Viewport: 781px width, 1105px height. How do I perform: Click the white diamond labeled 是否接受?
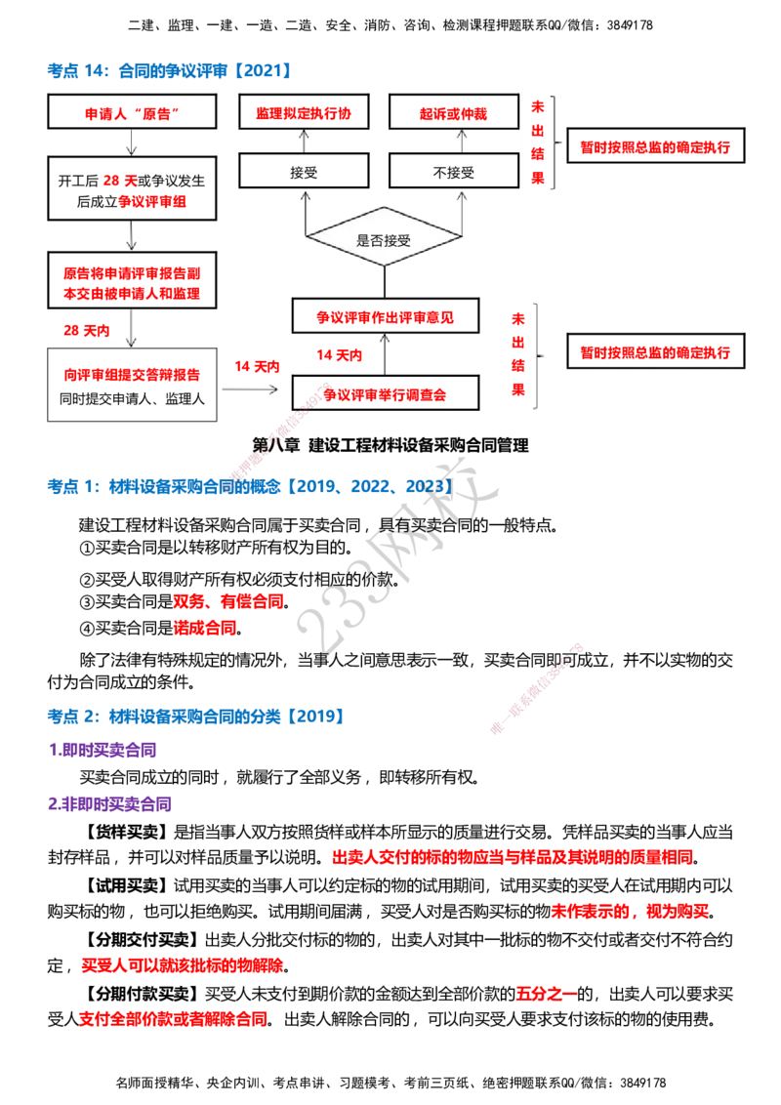384,236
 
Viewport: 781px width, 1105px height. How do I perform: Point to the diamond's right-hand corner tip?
460,236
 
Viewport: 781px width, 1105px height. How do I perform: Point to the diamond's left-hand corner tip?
308,236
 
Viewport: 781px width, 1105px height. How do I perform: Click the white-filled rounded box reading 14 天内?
339,353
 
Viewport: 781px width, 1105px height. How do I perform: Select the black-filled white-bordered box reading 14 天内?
256,367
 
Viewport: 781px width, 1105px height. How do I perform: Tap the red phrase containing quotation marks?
130,114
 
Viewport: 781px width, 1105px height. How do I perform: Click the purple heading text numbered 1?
102,750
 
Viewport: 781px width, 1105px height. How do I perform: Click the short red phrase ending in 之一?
545,994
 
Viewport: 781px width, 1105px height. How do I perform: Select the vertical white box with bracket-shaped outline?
535,141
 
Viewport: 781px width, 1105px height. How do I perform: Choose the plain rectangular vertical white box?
515,351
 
